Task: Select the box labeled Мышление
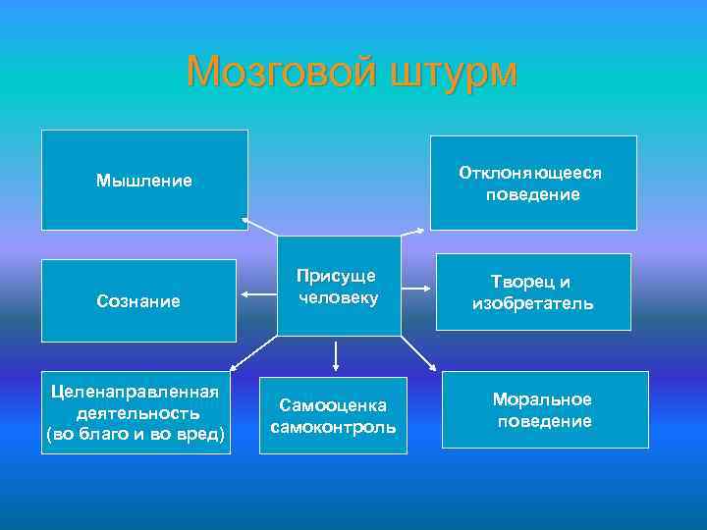tap(144, 180)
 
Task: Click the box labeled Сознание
tap(138, 300)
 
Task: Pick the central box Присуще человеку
tap(339, 286)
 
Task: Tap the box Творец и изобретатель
tap(532, 292)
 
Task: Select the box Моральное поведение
tap(544, 410)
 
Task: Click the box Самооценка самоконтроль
tap(333, 416)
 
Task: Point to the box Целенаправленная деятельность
tap(136, 412)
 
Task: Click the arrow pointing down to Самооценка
tap(337, 354)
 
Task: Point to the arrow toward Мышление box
tap(259, 227)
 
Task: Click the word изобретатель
tap(532, 303)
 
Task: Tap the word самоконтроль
tap(333, 427)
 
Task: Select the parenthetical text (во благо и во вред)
tap(136, 434)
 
